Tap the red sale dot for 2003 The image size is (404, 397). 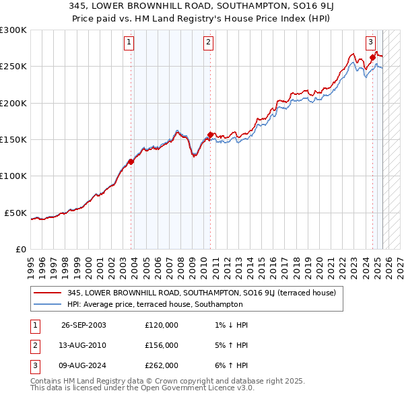(131, 161)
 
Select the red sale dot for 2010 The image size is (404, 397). (211, 135)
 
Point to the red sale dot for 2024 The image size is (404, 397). (372, 58)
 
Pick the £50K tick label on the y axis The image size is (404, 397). (16, 213)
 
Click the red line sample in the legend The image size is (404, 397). (48, 293)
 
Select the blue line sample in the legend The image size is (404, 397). (48, 304)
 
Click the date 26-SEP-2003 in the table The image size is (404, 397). (83, 325)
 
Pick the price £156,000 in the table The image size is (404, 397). (162, 345)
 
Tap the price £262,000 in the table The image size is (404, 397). (162, 366)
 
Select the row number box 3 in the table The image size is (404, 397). (35, 366)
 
